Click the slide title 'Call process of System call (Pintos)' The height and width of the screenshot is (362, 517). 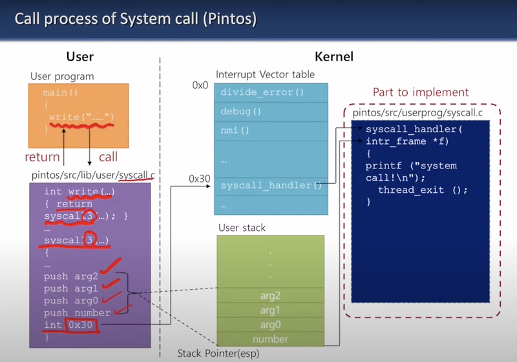[135, 19]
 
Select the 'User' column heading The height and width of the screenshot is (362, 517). [80, 57]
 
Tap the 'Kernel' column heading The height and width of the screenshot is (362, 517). [333, 57]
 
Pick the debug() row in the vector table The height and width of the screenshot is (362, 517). [240, 111]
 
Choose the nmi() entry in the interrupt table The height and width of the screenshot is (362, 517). [235, 130]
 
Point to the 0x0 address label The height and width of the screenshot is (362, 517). [200, 85]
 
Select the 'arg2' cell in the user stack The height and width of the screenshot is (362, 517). [271, 296]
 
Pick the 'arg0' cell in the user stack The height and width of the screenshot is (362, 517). [271, 325]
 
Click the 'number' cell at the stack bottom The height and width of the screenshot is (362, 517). [271, 339]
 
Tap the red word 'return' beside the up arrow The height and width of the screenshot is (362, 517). [42, 157]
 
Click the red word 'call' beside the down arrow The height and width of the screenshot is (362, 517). [109, 157]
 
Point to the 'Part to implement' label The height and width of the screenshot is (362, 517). [421, 92]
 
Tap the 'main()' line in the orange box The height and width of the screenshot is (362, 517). [59, 93]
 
